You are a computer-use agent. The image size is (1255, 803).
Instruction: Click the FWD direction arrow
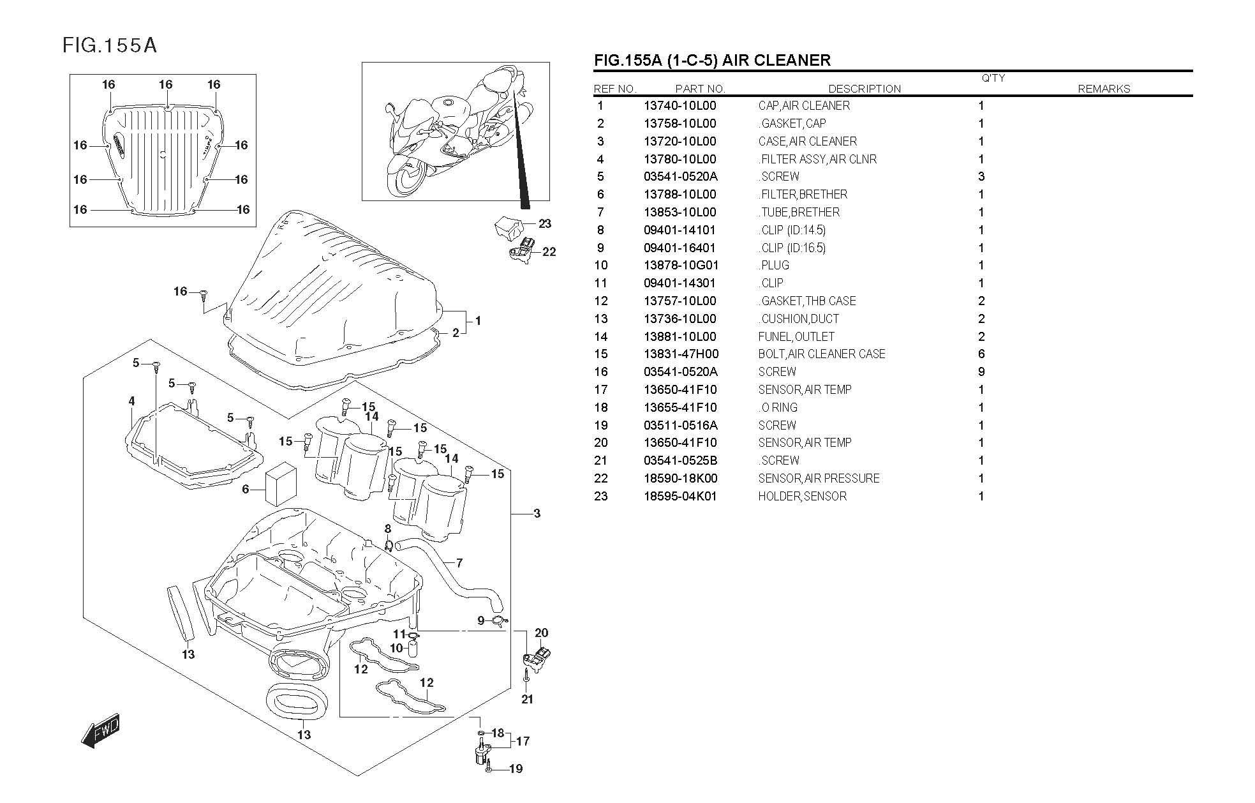pos(101,730)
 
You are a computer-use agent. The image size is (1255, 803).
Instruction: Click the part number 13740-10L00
pos(679,106)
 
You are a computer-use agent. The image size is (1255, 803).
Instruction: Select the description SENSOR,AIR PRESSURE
pos(819,478)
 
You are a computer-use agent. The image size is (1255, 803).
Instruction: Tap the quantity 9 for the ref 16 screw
pos(981,371)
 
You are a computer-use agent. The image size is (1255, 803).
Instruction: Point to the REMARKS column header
pos(1104,89)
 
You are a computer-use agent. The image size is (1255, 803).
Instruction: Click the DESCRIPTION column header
pos(865,89)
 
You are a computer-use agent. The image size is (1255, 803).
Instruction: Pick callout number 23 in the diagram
pos(544,223)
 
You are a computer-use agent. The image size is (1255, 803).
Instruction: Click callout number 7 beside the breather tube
pos(459,563)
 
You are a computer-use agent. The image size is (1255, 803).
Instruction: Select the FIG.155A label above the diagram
pos(109,45)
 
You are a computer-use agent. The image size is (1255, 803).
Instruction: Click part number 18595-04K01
pos(680,496)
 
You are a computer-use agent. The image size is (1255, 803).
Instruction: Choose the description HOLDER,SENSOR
pos(802,496)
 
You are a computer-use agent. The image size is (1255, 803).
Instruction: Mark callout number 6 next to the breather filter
pos(246,490)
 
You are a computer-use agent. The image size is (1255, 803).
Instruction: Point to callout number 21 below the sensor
pos(527,699)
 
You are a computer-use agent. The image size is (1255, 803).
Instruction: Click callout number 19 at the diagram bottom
pos(516,769)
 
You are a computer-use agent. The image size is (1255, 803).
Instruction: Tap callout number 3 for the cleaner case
pos(537,513)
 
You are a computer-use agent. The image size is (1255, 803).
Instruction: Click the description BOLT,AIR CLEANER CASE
pos(822,354)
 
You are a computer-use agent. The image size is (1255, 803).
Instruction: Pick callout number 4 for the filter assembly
pos(131,401)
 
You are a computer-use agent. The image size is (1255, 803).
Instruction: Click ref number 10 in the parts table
pos(601,266)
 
